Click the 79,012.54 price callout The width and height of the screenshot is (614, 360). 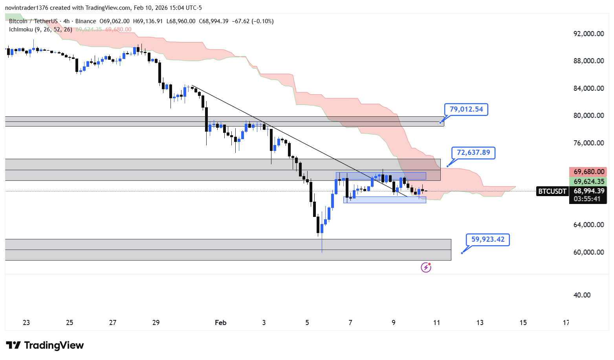(x=466, y=109)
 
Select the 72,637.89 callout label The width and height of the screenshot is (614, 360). (x=473, y=152)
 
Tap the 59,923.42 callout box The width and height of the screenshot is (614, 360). (x=488, y=239)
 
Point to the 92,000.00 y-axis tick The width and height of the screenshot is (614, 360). (x=588, y=34)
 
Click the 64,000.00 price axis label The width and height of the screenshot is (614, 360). (x=588, y=225)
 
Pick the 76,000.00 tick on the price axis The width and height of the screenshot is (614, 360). (x=588, y=143)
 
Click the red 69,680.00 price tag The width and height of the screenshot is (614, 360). (x=588, y=172)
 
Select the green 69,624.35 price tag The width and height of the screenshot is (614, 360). (x=588, y=182)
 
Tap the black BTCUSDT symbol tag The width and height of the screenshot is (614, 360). (x=552, y=191)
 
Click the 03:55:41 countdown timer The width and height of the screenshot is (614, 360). (x=587, y=199)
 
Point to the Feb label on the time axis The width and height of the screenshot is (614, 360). (x=221, y=323)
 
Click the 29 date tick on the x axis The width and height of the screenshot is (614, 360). (x=156, y=323)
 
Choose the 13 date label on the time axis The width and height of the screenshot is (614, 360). (x=480, y=323)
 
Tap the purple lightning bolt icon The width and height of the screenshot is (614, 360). (x=426, y=268)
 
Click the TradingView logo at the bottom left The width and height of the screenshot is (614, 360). (x=45, y=345)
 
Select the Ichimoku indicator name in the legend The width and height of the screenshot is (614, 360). (x=21, y=29)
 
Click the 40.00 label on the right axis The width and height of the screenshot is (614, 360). (x=582, y=295)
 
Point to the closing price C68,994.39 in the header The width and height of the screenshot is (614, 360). (x=213, y=21)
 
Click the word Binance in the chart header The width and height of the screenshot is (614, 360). (x=85, y=21)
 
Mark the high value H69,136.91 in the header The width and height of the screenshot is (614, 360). (x=148, y=21)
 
